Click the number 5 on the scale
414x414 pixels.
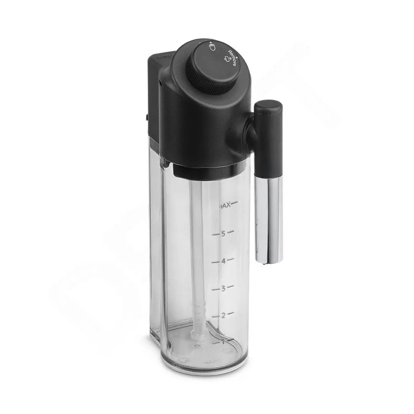[223, 234]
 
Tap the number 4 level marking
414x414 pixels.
[223, 261]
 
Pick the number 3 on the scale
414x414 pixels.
[223, 289]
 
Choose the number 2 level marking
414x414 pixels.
[223, 316]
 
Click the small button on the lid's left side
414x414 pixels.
[147, 118]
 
